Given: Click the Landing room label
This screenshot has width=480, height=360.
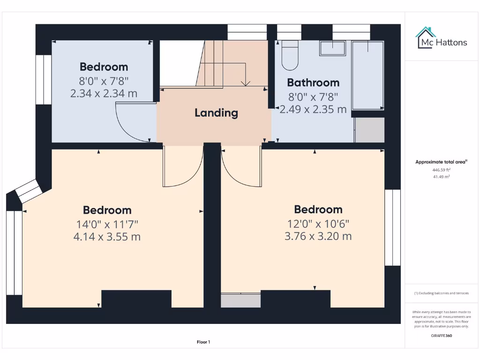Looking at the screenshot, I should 216,112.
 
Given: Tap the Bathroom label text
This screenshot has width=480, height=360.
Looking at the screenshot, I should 313,82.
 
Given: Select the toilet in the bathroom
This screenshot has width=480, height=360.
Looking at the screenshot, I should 290,56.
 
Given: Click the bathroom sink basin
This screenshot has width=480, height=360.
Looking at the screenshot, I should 332,48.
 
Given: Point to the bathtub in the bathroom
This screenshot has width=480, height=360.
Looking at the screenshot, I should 368,75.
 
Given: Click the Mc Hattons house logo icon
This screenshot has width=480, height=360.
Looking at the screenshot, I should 426,37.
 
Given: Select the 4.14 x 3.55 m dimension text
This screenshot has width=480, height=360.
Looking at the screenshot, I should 107,237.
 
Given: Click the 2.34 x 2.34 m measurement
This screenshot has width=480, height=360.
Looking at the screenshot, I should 104,93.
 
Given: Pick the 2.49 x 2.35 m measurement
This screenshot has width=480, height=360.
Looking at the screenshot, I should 313,109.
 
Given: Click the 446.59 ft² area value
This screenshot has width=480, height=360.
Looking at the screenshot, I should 441,170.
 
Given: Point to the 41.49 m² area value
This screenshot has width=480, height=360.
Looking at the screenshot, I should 441,177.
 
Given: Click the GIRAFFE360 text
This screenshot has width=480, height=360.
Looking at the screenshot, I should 441,336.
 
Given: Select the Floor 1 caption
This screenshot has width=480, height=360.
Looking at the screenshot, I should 203,342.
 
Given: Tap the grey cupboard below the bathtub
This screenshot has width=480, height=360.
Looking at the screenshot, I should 369,130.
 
